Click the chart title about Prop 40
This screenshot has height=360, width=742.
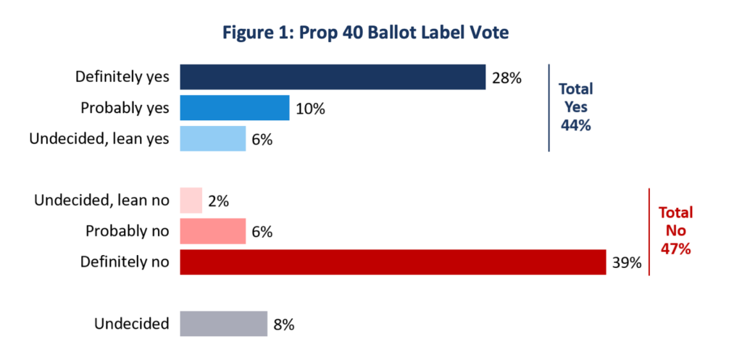point(366,33)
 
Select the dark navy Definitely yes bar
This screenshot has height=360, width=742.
point(333,77)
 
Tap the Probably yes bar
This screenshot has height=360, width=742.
point(235,108)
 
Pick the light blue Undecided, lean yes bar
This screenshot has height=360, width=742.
point(213,138)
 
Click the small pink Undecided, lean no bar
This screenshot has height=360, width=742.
point(191,201)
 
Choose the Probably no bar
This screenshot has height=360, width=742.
point(213,231)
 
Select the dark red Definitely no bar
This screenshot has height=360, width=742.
point(393,262)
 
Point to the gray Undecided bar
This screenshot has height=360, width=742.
point(224,324)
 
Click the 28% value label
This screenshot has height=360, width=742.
point(507,78)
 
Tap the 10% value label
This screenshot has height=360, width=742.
point(310,109)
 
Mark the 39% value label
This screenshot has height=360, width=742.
point(627,262)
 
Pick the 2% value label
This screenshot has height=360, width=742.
point(219,201)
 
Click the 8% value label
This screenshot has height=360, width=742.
point(284,324)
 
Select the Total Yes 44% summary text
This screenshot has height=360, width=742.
point(576,107)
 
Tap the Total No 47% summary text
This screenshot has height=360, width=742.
point(675,230)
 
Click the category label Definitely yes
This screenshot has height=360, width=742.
point(122,77)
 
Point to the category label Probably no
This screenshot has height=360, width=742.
point(128,231)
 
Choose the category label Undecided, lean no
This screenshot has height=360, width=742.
point(101,201)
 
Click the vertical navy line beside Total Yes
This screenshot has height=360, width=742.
point(549,108)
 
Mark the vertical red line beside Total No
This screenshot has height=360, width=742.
point(649,232)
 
